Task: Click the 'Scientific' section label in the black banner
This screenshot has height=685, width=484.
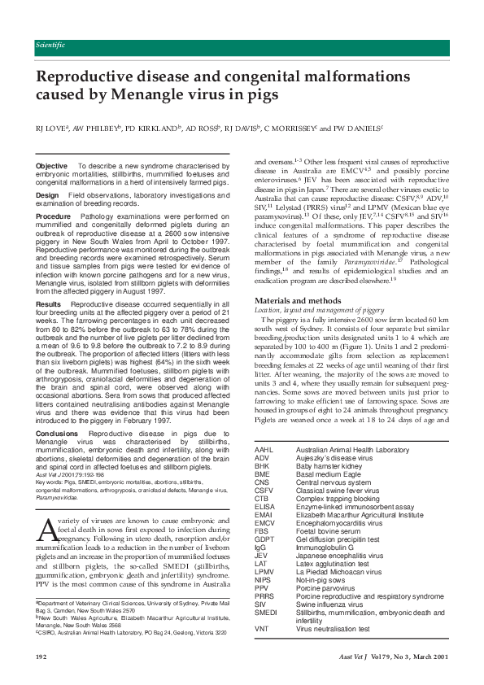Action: click(51, 45)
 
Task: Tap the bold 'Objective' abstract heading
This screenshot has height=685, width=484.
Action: click(52, 166)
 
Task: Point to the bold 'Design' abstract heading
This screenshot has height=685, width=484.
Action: click(48, 195)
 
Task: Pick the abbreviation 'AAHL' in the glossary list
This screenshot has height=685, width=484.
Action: click(264, 450)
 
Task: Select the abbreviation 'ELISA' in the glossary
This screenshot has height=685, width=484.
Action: click(265, 505)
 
